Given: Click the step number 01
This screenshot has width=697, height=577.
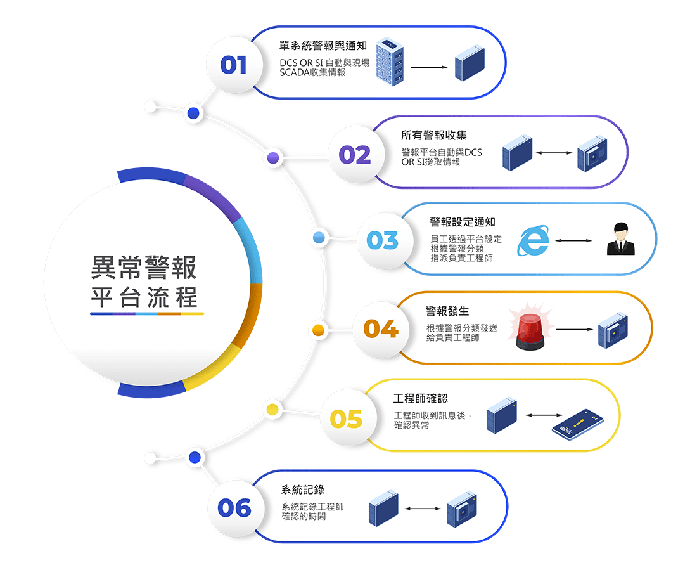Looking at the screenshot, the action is pyautogui.click(x=233, y=65).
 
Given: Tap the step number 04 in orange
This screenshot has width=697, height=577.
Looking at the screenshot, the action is pyautogui.click(x=381, y=328).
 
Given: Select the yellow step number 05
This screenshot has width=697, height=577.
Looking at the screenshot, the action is pyautogui.click(x=346, y=418).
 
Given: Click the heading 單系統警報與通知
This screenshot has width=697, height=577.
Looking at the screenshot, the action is pyautogui.click(x=323, y=46).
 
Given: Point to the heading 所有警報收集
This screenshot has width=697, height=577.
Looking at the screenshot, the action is pyautogui.click(x=434, y=135).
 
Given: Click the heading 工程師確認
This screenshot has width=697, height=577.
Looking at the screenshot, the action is pyautogui.click(x=421, y=398).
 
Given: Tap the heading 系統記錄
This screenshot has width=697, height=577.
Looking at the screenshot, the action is pyautogui.click(x=303, y=489).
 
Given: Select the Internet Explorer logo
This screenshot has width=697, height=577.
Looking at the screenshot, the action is pyautogui.click(x=533, y=240).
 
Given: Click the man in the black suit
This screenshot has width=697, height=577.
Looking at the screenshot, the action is pyautogui.click(x=620, y=239).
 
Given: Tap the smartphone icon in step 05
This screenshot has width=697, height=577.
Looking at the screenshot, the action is pyautogui.click(x=577, y=424).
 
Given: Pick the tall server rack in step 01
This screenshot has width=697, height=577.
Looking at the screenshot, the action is pyautogui.click(x=390, y=62).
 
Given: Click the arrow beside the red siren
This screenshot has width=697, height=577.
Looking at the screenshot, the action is pyautogui.click(x=574, y=330).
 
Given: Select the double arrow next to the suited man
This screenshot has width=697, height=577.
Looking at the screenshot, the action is pyautogui.click(x=573, y=241).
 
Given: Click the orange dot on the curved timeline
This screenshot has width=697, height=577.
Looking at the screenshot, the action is pyautogui.click(x=318, y=330).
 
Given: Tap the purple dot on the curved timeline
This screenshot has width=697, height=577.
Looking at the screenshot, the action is pyautogui.click(x=273, y=157).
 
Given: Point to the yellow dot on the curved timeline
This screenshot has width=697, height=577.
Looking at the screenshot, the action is pyautogui.click(x=272, y=409).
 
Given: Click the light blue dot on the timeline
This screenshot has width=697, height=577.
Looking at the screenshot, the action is pyautogui.click(x=319, y=237).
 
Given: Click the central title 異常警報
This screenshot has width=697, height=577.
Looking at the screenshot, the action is pyautogui.click(x=144, y=268).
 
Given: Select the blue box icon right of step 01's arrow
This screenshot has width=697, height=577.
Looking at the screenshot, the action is pyautogui.click(x=470, y=63).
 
